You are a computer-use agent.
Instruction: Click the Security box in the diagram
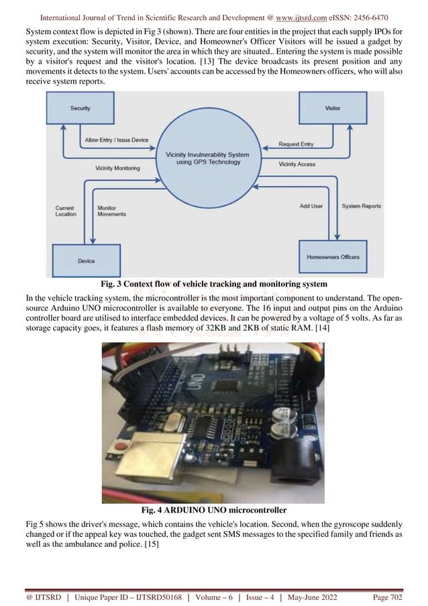81,108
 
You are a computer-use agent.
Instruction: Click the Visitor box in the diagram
332,108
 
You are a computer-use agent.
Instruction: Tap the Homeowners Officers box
333,257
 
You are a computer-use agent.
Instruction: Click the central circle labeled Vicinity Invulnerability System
207,158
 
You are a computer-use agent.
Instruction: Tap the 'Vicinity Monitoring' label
117,168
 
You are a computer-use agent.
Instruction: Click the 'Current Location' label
65,211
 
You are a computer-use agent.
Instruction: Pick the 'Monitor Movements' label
111,211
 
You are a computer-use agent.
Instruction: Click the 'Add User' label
311,206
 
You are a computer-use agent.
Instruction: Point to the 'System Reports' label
361,206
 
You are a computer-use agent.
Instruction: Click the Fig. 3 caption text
214,284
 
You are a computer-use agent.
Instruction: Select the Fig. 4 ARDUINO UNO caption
213,510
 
